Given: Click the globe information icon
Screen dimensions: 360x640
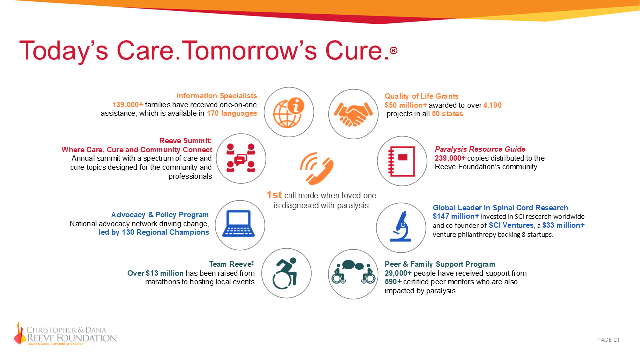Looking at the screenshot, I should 289,113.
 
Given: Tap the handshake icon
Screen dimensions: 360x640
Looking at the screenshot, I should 353,114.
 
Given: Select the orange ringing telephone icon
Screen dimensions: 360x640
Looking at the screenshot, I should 317,168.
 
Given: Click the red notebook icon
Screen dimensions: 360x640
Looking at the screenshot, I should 402,161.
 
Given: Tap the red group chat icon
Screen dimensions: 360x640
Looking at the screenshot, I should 241,158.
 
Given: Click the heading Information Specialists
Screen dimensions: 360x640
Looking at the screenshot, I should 217,96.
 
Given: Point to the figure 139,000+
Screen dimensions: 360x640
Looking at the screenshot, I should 128,105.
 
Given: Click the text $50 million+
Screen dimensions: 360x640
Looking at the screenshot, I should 405,105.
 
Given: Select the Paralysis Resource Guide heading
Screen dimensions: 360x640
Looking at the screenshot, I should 480,149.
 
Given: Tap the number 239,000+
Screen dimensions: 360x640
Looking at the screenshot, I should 450,158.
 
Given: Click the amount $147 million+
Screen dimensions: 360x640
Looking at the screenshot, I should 456,216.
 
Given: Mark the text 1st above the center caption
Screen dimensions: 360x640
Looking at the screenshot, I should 274,195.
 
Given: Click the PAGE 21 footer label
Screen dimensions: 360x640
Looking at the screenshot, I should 608,340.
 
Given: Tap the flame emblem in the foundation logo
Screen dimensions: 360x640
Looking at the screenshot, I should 20,333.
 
